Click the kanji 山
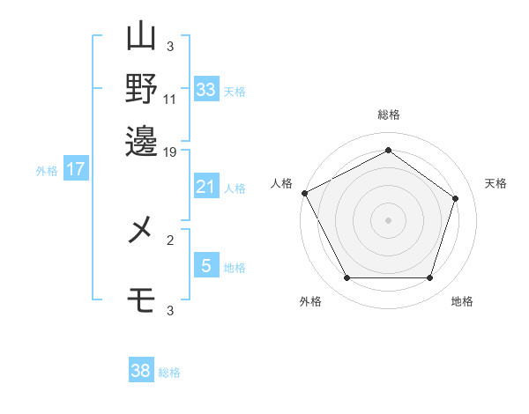coord(141,35)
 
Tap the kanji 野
coord(141,88)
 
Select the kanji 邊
coord(141,141)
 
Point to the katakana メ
coord(139,229)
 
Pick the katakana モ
coord(141,299)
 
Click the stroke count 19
coord(169,152)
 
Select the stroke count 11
coord(169,100)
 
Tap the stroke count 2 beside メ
coord(170,240)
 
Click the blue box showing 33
coord(206,89)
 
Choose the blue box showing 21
coord(206,186)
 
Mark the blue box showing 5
coord(206,264)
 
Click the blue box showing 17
coord(76,168)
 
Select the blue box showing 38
coord(141,369)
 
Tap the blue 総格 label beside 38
coord(169,373)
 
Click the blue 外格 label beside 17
coord(47,171)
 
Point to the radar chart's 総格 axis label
coord(389,115)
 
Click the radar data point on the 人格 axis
coord(305,193)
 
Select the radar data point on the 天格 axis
coord(455,198)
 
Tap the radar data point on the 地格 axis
coord(429,277)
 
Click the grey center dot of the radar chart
coord(388,220)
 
